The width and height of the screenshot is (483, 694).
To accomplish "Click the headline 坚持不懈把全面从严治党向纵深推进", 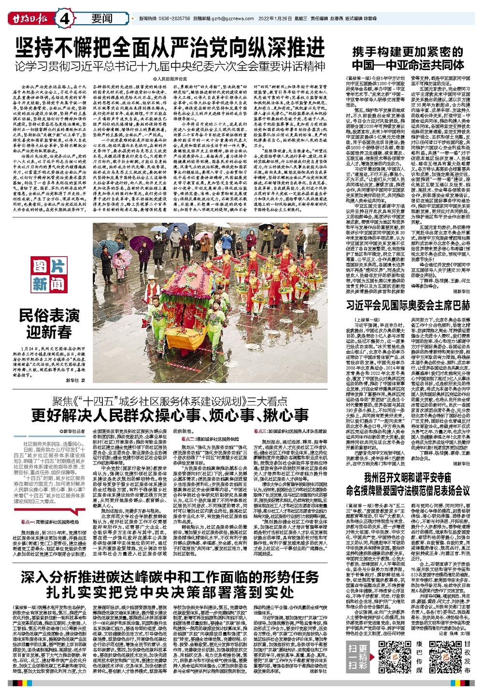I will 170,47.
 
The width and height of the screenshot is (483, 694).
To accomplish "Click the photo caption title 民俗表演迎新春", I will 49,324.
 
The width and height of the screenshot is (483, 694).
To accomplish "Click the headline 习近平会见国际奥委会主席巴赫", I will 408,305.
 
